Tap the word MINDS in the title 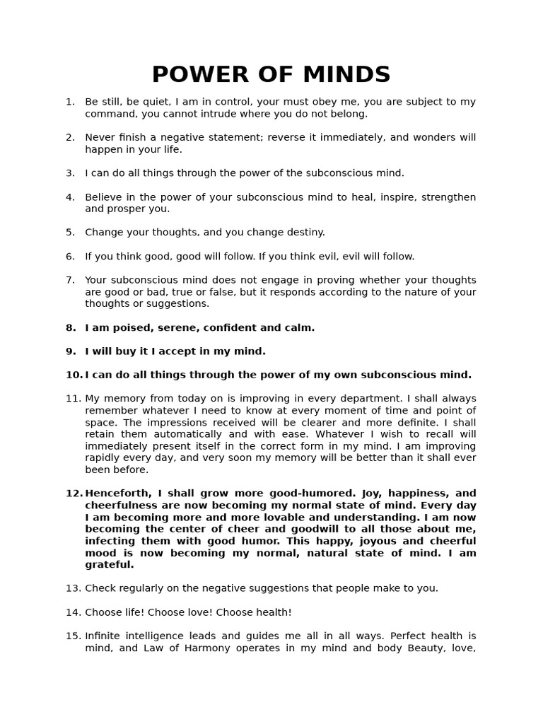coord(346,75)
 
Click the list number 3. coord(70,173)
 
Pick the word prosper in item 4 coord(126,209)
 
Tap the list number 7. coord(70,280)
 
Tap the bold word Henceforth coord(117,494)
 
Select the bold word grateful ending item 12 coord(110,565)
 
